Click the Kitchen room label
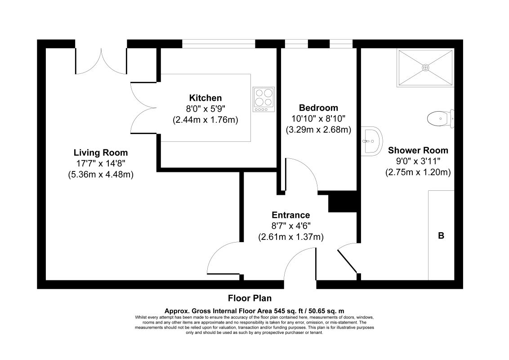pos(205,98)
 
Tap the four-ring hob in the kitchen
pos(264,99)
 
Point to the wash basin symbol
pos(372,140)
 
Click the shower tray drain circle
pos(425,67)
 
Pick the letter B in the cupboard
pos(441,235)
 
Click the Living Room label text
pos(100,153)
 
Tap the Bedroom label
pos(318,108)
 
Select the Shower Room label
pos(418,150)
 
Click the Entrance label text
pos(290,215)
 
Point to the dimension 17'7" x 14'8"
pos(100,163)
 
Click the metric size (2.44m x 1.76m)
pos(205,120)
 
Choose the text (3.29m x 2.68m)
pos(318,130)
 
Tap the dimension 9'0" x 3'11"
pos(418,161)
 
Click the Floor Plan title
pos(250,298)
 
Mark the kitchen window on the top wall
pos(219,44)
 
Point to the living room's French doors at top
pos(101,58)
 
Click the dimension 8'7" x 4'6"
pos(290,226)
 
